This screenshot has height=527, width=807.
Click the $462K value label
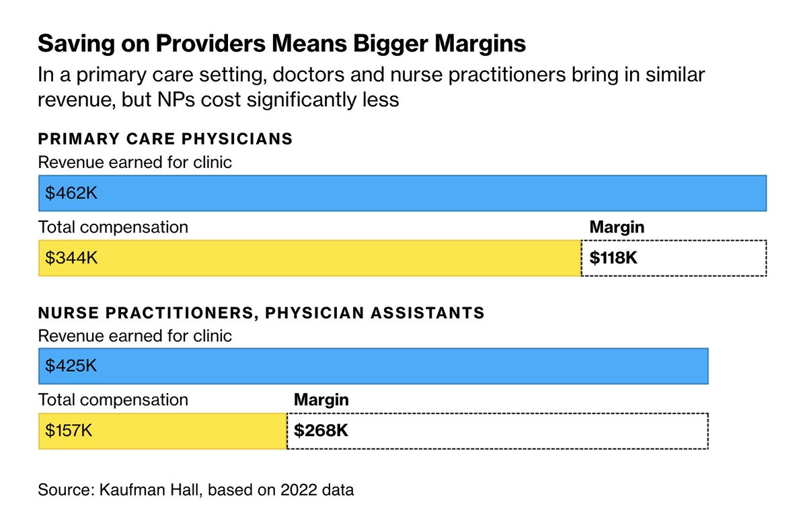point(72,194)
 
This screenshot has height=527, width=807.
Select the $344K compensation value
point(72,258)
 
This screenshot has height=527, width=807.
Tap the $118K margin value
point(613,258)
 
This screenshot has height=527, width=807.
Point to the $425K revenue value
point(72,366)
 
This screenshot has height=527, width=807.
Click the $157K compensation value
point(69,431)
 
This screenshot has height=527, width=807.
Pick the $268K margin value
point(321,431)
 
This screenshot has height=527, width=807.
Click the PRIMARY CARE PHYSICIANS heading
point(165,139)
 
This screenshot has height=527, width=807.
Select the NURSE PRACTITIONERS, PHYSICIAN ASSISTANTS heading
point(261,313)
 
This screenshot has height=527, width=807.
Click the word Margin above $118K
point(617,227)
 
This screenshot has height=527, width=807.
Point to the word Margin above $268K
point(321,400)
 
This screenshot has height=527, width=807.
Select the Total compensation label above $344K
point(113,227)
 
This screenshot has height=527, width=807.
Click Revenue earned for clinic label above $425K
point(135,335)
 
